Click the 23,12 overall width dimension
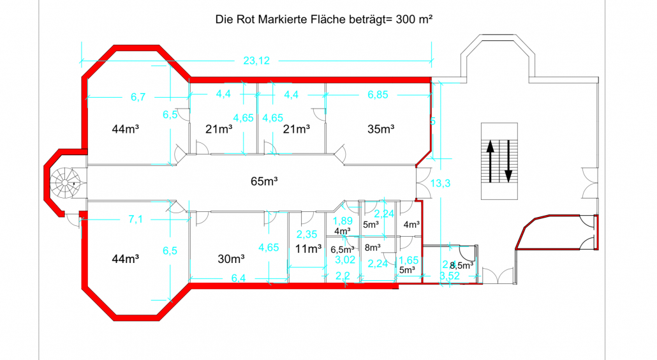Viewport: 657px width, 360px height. [256, 61]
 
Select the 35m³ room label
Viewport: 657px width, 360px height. [381, 129]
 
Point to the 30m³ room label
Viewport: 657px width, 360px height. [232, 259]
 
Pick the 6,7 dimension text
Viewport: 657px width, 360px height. [138, 97]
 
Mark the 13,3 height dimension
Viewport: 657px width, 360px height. [441, 184]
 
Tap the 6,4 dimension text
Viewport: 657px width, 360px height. [238, 278]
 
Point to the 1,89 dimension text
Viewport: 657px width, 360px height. [342, 221]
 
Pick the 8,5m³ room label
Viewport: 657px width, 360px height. [461, 265]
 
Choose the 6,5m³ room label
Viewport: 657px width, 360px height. [342, 250]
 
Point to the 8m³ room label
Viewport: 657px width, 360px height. [373, 246]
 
